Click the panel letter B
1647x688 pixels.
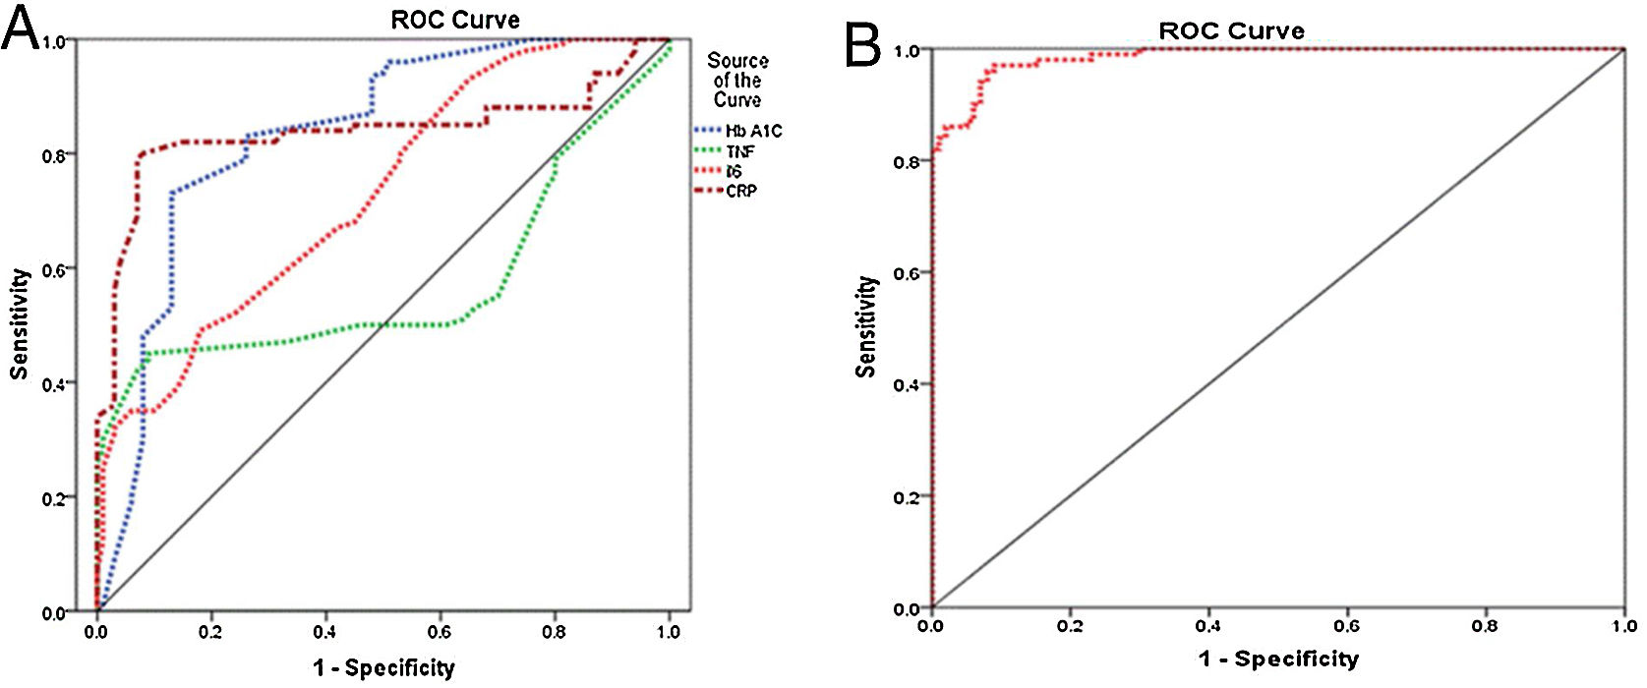862,45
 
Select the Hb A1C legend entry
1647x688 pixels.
753,131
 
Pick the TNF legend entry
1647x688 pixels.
739,151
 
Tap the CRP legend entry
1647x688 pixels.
740,191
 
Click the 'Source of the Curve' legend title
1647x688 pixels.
737,81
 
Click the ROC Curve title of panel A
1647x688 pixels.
455,20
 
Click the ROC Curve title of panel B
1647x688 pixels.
1231,31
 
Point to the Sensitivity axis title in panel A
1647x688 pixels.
19,324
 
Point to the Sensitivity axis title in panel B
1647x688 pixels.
865,326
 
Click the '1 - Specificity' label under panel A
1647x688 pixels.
383,668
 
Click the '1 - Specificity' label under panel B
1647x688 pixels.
1278,659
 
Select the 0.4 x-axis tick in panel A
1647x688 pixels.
325,632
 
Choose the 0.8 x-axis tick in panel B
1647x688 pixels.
1485,626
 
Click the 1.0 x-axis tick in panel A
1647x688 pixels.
669,632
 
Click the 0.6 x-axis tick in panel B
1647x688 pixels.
1346,626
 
